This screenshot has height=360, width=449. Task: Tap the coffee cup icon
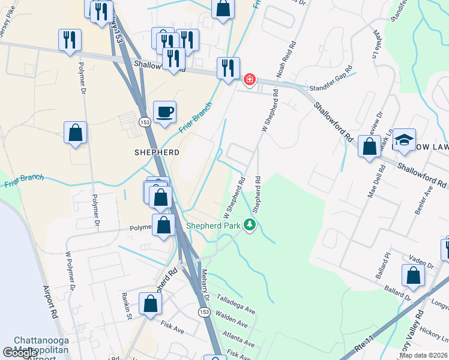164,111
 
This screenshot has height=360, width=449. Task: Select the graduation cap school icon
405,139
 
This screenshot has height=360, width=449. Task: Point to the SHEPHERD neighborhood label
157,152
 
